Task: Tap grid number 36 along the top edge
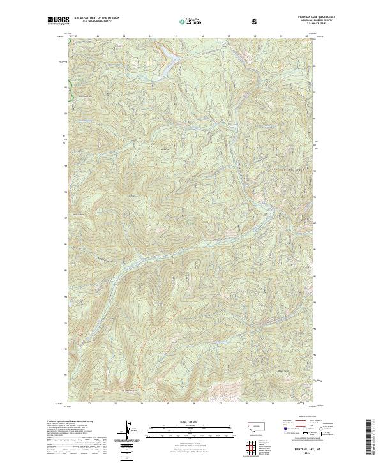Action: pos(202,36)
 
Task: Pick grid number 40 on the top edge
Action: pos(306,36)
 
